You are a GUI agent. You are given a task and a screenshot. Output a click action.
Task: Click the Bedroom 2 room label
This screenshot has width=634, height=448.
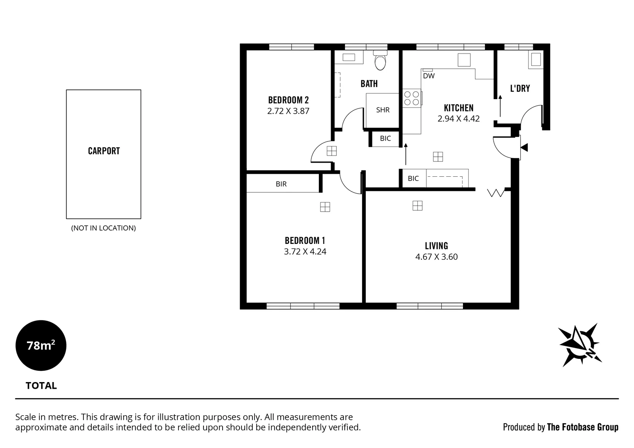coord(288,100)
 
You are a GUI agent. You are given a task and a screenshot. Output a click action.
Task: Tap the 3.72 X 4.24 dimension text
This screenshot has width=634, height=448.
coord(305,251)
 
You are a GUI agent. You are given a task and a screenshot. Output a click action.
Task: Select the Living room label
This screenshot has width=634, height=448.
coord(436,246)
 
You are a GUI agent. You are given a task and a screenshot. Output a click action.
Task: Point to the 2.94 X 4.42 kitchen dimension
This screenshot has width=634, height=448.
coord(458,119)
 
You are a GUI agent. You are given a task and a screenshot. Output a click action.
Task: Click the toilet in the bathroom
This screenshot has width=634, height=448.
coord(380,61)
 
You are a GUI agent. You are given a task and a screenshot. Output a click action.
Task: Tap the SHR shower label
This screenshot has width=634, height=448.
coord(383,110)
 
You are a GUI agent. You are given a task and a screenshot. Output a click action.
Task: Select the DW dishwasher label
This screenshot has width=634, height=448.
coord(428,76)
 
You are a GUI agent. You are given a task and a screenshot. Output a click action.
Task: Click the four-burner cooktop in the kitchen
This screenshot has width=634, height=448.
coord(411,98)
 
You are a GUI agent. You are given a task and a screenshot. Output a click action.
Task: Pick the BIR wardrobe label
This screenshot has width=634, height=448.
coord(281,184)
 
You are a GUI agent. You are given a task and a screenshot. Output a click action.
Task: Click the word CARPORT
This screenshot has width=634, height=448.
coord(104,151)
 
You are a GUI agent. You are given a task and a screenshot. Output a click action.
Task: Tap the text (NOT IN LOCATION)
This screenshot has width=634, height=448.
coord(103,228)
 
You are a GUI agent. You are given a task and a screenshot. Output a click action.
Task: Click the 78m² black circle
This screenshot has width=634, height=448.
coord(41,345)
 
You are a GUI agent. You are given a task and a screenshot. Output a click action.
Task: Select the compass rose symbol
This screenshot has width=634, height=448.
coord(580,345)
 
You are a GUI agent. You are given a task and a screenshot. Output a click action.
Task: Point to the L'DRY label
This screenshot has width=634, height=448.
coord(520,88)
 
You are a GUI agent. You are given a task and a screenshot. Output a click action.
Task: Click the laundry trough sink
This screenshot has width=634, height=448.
coord(535,60)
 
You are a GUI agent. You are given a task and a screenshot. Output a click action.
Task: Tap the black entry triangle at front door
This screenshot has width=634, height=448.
coord(524,147)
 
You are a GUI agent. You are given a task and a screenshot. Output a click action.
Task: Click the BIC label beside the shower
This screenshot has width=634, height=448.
coord(385,139)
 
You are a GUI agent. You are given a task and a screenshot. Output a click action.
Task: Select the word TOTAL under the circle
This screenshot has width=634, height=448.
coord(41,386)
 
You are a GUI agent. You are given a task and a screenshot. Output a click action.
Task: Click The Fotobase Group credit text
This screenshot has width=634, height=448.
coord(583,427)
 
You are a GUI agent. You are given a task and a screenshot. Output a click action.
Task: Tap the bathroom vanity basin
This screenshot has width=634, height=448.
coord(349,58)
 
